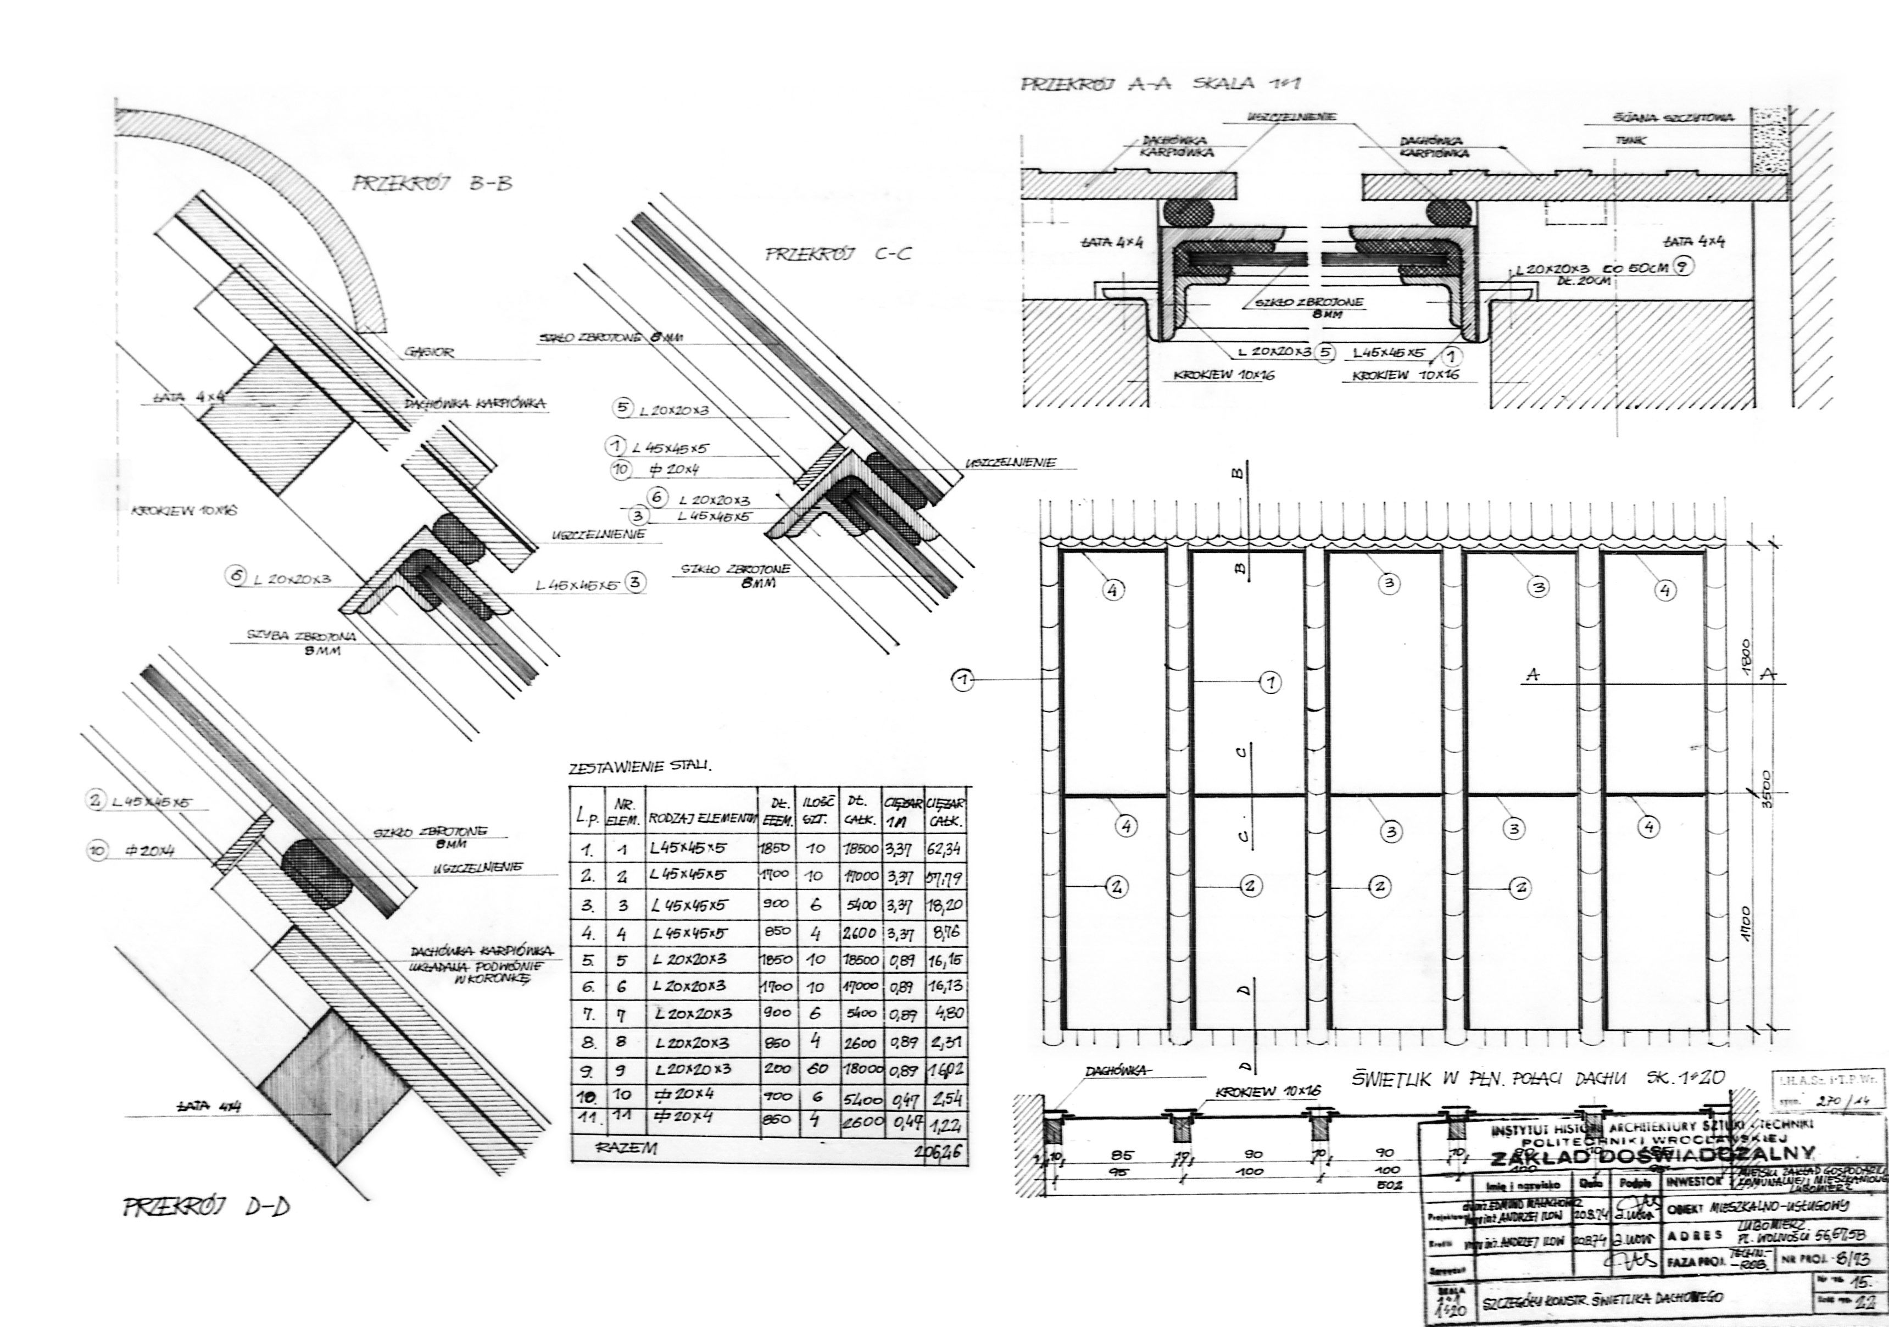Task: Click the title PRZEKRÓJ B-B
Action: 432,183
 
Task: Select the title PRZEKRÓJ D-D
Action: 205,1208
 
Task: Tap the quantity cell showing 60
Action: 816,1069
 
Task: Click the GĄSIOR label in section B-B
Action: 428,352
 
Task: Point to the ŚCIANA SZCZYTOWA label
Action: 1673,118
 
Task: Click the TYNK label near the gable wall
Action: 1629,141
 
